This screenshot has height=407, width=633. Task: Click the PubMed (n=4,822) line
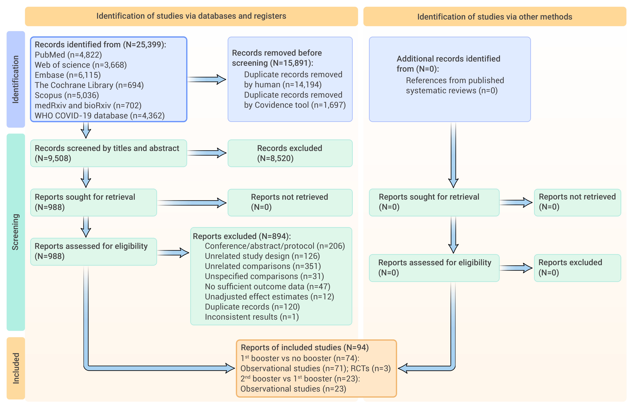coord(68,55)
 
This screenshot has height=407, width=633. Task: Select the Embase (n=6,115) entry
coord(68,75)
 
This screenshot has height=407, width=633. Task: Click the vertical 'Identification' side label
coord(16,79)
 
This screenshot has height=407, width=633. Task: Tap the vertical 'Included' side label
coord(16,368)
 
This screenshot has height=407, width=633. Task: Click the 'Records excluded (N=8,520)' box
coord(290,153)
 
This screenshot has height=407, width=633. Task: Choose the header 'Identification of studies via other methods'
coord(495,17)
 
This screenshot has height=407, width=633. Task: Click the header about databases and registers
coord(191,16)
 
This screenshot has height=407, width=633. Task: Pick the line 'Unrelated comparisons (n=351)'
coord(263,266)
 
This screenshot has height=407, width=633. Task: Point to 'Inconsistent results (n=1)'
coord(252,317)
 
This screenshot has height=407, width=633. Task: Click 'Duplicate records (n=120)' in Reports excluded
coord(252,307)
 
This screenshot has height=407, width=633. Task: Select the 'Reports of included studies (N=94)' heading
coord(305,348)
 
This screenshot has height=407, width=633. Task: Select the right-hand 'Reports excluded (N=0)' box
coord(577,268)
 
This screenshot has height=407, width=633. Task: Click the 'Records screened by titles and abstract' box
coord(109,153)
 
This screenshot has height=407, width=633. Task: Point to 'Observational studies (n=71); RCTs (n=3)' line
coord(315,368)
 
